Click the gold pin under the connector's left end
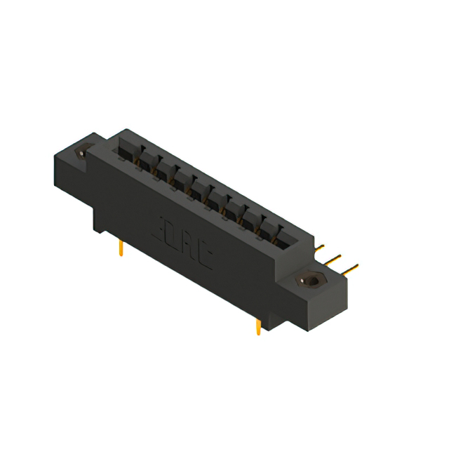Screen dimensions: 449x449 (121, 248)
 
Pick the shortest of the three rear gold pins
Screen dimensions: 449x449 (319, 247)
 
